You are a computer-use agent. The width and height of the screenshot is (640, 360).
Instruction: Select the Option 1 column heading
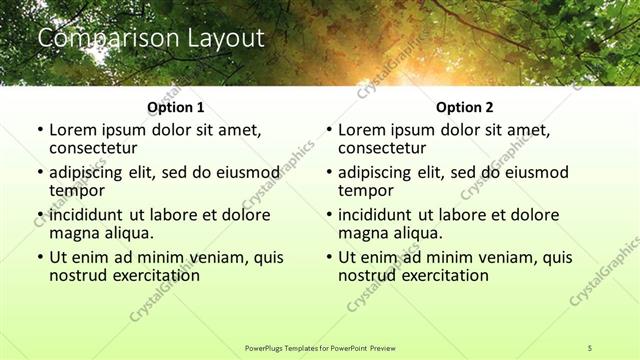click(x=176, y=107)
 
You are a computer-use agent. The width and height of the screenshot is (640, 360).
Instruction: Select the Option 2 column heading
click(x=464, y=107)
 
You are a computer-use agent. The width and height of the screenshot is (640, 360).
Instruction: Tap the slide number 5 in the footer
click(x=591, y=347)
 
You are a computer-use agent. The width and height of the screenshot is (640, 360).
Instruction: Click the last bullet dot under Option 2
click(x=328, y=257)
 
